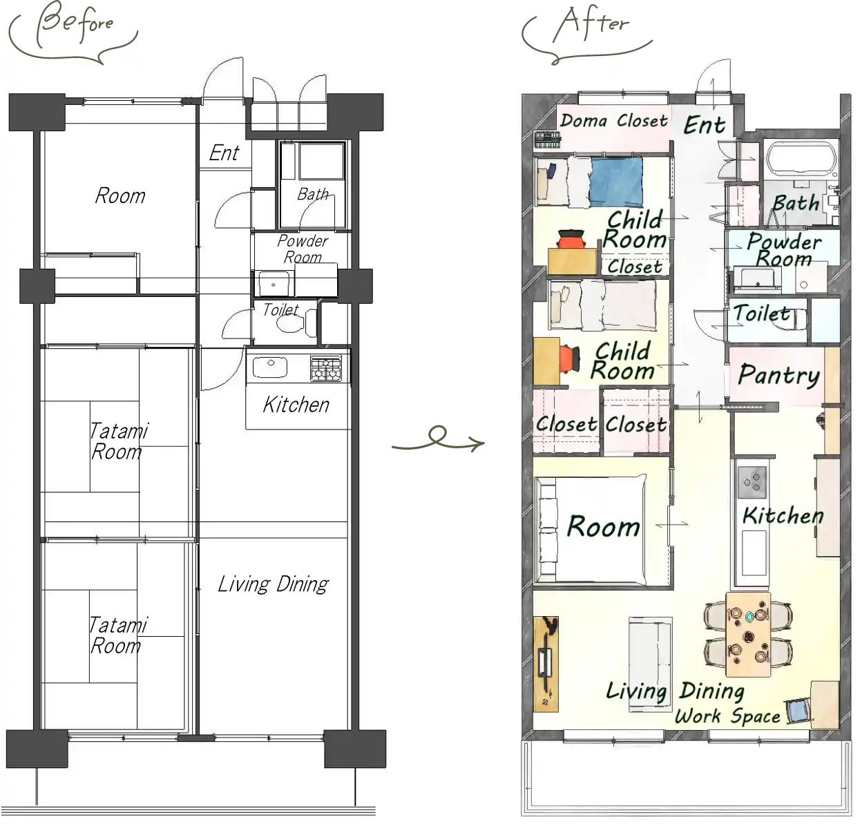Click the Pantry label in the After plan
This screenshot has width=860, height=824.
click(778, 375)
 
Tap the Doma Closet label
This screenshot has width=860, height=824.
click(613, 121)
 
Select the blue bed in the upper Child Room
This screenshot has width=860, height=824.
click(615, 182)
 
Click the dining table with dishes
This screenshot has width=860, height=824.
click(749, 634)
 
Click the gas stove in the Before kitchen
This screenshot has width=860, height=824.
click(326, 367)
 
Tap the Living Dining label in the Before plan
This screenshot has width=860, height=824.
click(273, 584)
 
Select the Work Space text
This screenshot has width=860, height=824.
click(727, 716)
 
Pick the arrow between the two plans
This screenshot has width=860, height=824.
click(438, 443)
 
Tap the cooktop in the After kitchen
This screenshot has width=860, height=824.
click(752, 479)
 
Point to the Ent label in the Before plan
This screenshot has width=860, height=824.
click(224, 153)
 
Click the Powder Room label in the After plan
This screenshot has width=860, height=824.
click(783, 250)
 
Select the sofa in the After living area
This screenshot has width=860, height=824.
click(650, 653)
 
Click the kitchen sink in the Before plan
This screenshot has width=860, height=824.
click(269, 367)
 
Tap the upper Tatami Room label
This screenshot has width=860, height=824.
click(117, 442)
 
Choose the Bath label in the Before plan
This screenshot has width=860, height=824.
click(312, 194)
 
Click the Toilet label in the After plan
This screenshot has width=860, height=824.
click(761, 314)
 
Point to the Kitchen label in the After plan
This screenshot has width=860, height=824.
click(783, 515)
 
